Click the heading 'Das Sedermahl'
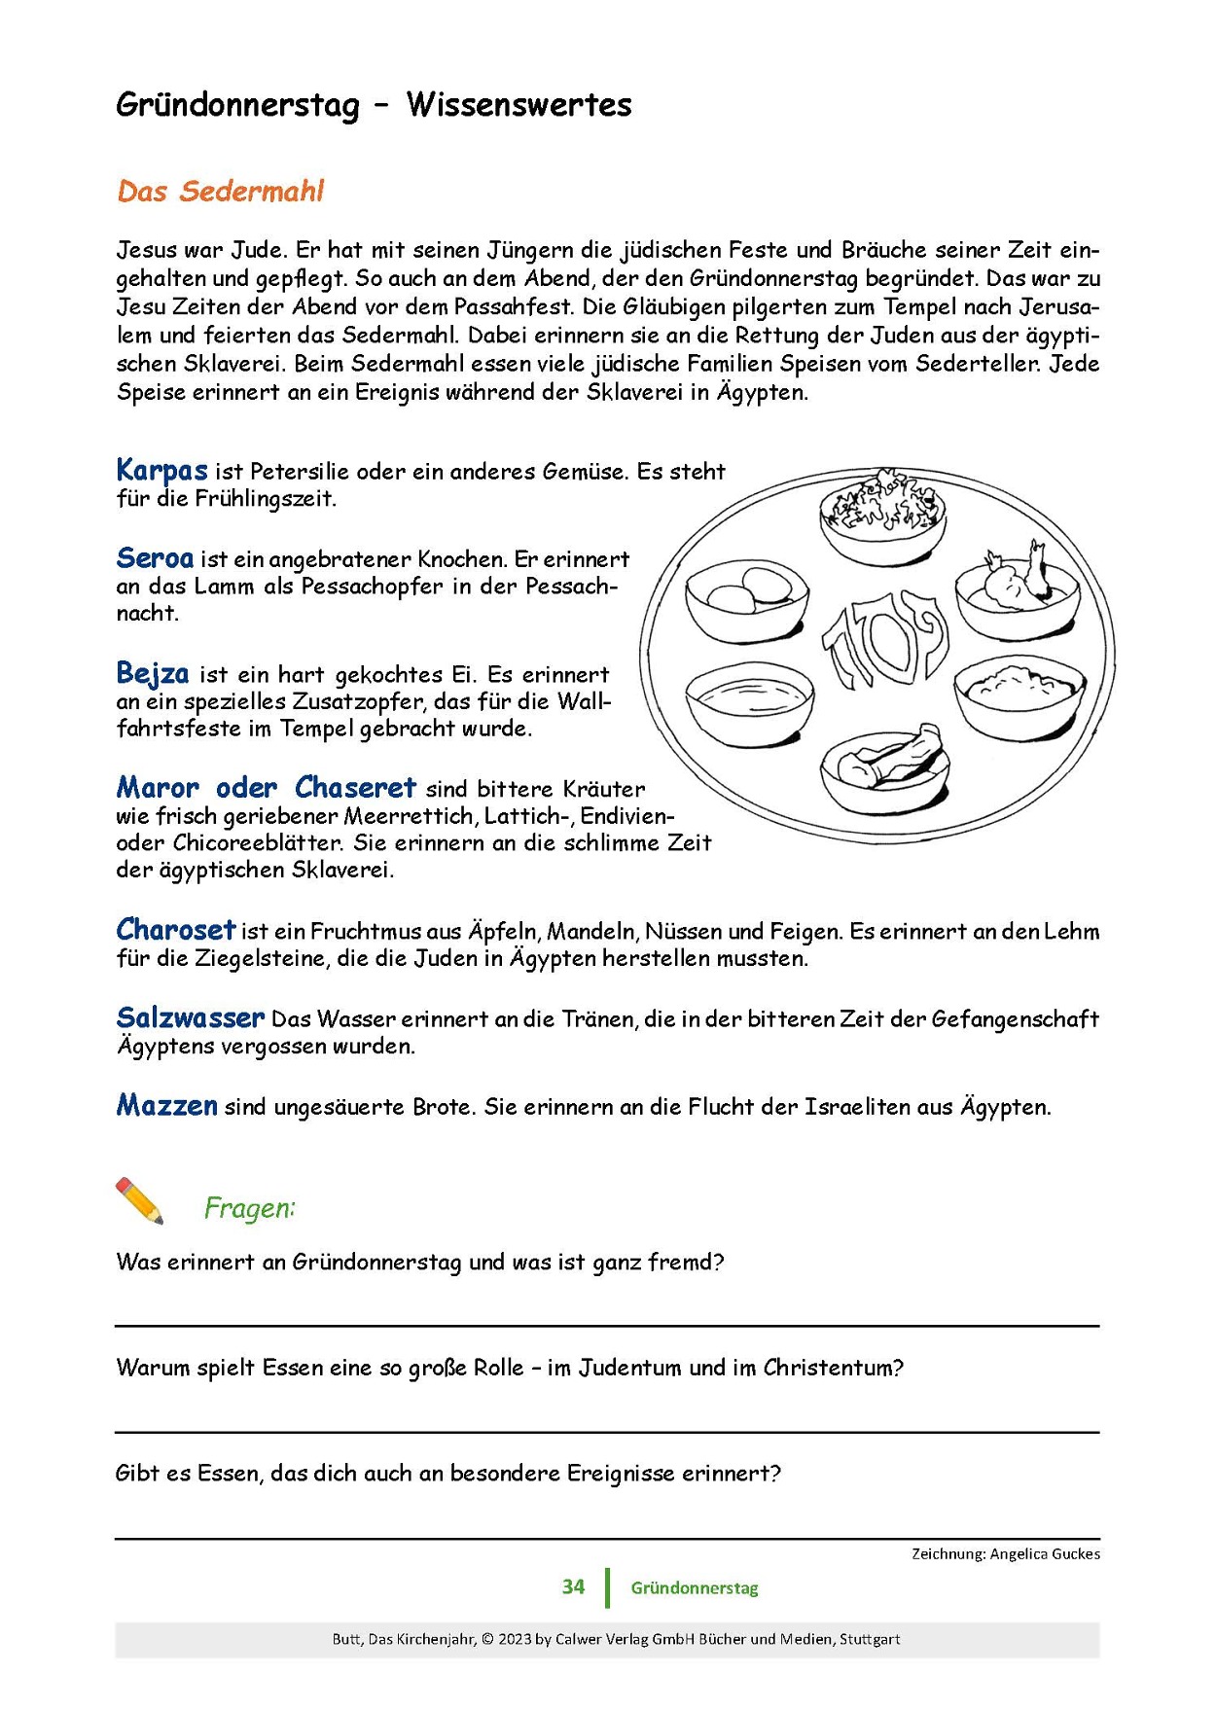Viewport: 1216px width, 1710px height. [220, 191]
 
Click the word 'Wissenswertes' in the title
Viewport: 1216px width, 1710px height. [519, 105]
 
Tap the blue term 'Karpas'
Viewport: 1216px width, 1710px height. [161, 470]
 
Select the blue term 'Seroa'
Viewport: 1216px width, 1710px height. [155, 558]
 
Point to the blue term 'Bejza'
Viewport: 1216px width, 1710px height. [153, 673]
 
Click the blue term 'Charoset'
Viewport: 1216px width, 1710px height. [175, 930]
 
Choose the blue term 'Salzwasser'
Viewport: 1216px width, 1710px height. [190, 1017]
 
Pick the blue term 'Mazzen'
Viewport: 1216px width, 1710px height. [166, 1105]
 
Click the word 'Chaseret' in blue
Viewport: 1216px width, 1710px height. [355, 787]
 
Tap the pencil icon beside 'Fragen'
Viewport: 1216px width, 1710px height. [140, 1200]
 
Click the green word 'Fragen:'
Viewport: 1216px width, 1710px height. [249, 1208]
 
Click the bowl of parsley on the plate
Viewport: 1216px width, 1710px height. [881, 512]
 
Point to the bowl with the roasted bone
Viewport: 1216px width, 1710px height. [1017, 591]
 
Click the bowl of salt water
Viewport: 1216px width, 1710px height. [748, 703]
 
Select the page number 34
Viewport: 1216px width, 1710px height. [573, 1586]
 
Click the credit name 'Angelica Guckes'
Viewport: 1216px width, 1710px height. [1045, 1553]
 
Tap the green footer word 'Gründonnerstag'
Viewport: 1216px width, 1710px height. [694, 1587]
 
